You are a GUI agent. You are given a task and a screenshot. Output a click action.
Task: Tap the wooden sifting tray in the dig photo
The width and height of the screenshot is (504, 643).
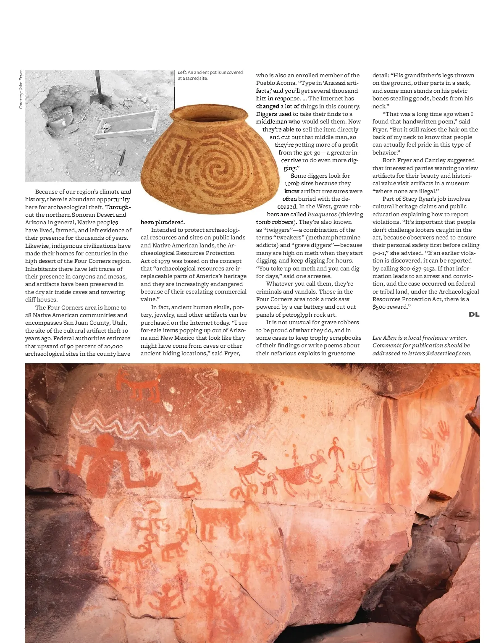tap(126, 124)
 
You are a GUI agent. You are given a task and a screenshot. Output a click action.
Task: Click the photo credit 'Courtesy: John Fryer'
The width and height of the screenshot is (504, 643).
tap(21, 89)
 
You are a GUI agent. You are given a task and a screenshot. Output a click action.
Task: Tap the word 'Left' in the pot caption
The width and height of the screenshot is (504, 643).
tap(182, 73)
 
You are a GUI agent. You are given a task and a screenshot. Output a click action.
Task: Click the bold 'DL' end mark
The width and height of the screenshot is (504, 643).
tap(474, 315)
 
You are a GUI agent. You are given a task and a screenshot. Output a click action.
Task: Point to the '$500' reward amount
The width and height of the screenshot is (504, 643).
tap(379, 307)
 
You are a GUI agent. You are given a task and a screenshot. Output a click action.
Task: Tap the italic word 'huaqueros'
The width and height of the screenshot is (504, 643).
tap(322, 214)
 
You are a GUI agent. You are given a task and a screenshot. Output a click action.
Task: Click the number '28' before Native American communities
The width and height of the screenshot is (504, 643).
tap(28, 315)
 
